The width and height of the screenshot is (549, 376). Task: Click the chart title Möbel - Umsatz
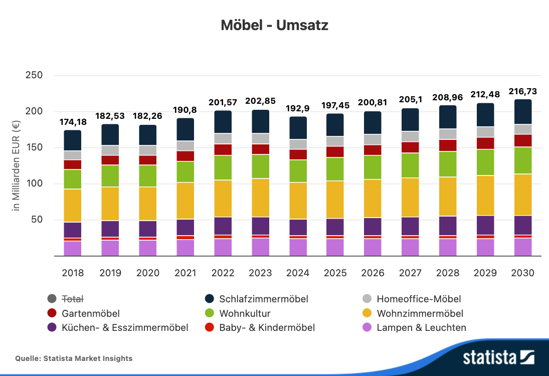tap(274, 25)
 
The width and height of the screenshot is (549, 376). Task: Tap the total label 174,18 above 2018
tap(73, 122)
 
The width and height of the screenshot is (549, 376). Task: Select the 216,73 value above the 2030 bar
tap(523, 91)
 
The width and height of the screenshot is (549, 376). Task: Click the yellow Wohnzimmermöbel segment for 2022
tap(223, 198)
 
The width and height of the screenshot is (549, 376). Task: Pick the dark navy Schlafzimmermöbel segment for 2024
tap(298, 128)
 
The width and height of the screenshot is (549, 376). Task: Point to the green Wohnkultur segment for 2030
tap(523, 160)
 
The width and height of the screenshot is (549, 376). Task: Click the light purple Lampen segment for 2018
tap(73, 248)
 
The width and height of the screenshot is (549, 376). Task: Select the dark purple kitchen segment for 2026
tap(373, 226)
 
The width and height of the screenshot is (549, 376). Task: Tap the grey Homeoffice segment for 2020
tap(148, 150)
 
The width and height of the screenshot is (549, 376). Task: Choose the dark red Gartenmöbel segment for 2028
tap(448, 145)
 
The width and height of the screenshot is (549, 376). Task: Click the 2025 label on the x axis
tap(335, 273)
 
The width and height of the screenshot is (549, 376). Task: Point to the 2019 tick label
tap(110, 273)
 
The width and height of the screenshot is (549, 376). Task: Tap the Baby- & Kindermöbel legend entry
tap(260, 328)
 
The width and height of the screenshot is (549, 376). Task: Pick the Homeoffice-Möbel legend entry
tap(411, 299)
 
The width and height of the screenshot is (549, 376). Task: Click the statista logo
tap(499, 357)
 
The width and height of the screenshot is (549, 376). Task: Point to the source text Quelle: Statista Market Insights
tap(74, 358)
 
